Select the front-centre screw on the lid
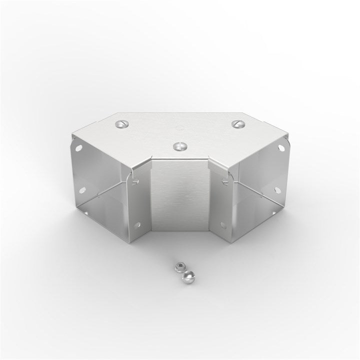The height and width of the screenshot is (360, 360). (x=178, y=146)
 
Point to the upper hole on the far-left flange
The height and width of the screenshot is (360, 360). (x=79, y=148)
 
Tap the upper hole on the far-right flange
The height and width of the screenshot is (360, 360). (x=279, y=149)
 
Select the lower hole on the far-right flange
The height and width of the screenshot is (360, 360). (x=276, y=190)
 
